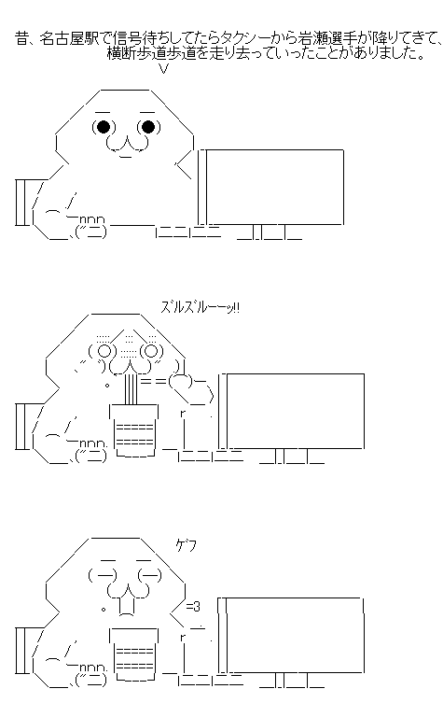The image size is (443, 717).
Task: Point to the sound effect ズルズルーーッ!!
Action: (200, 307)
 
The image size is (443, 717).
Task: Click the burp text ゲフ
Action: (187, 545)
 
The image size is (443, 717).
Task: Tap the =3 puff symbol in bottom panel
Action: (193, 607)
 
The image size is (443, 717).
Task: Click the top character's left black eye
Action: (104, 126)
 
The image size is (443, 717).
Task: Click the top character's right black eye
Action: (148, 126)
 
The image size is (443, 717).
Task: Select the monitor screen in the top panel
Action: (274, 187)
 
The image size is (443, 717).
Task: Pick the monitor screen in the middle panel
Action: (296, 411)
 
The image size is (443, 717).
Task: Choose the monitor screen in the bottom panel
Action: (296, 635)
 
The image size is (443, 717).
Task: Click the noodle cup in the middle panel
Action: (134, 429)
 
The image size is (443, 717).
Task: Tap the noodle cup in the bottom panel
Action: (134, 654)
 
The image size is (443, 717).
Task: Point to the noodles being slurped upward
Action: (132, 388)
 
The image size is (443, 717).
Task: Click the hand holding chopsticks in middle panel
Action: (191, 389)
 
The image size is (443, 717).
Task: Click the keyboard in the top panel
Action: (188, 232)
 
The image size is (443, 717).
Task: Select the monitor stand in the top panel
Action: (270, 232)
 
